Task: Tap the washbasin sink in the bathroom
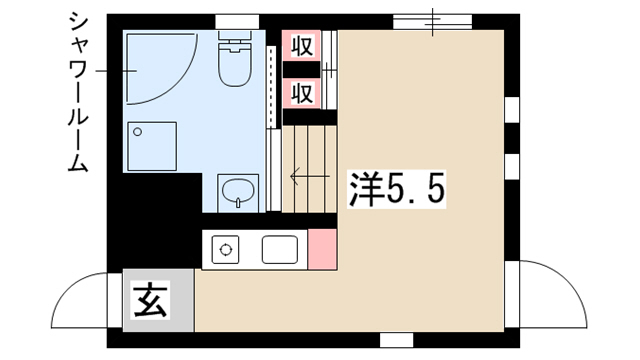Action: (238, 193)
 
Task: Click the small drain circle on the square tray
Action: (138, 132)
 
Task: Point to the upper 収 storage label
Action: (302, 46)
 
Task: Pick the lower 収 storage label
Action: (302, 93)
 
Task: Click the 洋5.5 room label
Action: (396, 189)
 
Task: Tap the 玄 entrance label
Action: (150, 300)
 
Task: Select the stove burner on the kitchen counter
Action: (225, 249)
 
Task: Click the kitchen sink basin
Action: (280, 249)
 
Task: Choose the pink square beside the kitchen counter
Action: (322, 249)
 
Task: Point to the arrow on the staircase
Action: (310, 176)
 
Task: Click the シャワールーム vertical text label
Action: (77, 92)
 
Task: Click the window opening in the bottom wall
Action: (396, 340)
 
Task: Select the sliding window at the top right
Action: (433, 22)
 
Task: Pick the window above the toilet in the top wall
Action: (237, 22)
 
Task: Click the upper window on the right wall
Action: (512, 110)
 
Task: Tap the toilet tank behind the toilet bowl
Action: (235, 35)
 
